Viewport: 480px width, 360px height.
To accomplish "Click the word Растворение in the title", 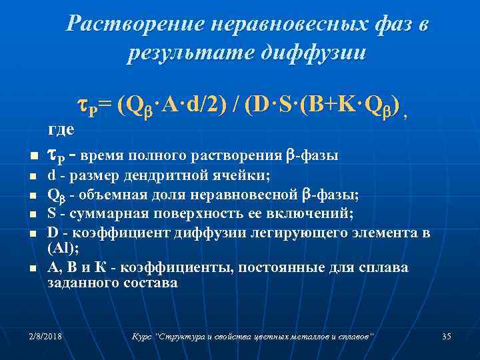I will point(132,25).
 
